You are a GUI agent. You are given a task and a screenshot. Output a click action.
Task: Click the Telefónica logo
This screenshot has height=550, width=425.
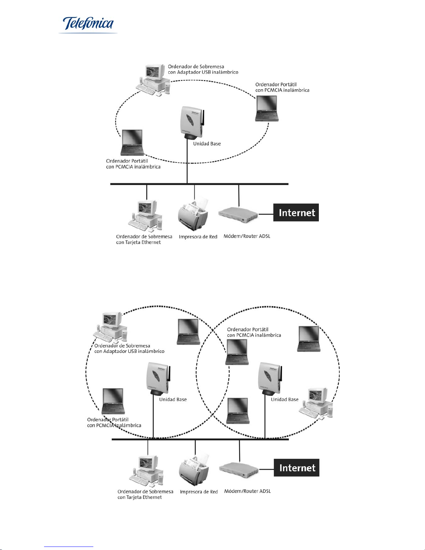(88, 24)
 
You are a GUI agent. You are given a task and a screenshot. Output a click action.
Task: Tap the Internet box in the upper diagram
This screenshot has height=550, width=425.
(296, 212)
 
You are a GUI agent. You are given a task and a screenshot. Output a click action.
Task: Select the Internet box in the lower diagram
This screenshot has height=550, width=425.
(297, 467)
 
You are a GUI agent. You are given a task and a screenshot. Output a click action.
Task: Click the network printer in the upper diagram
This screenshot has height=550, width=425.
(193, 214)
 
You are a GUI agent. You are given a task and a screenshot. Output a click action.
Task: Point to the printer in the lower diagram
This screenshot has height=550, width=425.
(194, 469)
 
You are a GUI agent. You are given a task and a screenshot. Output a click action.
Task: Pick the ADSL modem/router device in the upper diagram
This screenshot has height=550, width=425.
(238, 215)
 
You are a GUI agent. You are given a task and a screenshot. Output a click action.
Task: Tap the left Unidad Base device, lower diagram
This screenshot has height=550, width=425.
(158, 378)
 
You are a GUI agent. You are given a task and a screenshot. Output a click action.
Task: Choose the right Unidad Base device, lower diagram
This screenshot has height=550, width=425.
(270, 378)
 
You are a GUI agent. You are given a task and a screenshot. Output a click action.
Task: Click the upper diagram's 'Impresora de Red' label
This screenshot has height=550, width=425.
(198, 237)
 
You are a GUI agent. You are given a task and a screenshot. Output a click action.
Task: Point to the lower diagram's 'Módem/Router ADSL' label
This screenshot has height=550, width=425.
(247, 491)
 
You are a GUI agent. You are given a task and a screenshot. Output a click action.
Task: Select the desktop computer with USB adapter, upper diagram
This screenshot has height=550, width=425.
(153, 80)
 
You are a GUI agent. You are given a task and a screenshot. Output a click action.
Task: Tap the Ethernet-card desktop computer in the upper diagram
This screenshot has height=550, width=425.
(145, 216)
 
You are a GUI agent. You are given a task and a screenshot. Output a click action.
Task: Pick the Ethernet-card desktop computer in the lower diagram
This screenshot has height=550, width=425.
(146, 471)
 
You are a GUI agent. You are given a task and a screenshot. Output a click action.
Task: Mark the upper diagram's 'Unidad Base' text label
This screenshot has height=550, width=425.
(207, 144)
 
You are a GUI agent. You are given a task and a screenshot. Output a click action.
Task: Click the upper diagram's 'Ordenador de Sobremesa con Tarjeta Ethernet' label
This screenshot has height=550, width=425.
(144, 239)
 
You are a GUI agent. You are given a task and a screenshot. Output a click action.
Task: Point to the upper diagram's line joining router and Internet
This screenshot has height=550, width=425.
(266, 214)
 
